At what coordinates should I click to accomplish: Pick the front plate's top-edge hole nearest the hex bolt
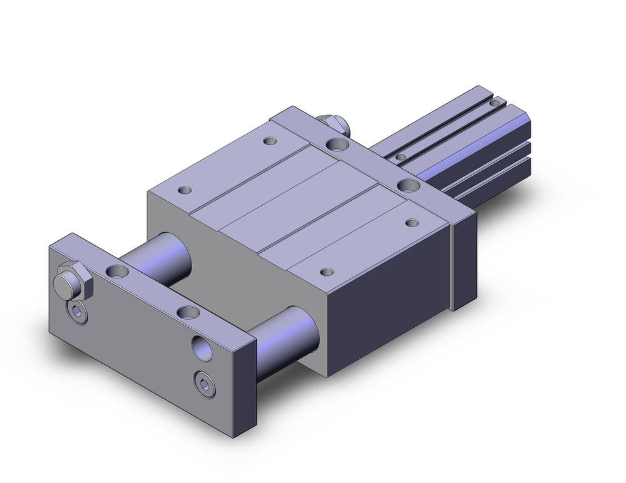coord(117,271)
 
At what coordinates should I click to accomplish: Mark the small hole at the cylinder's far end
coord(495,103)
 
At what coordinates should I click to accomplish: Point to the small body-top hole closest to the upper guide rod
coord(185,189)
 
